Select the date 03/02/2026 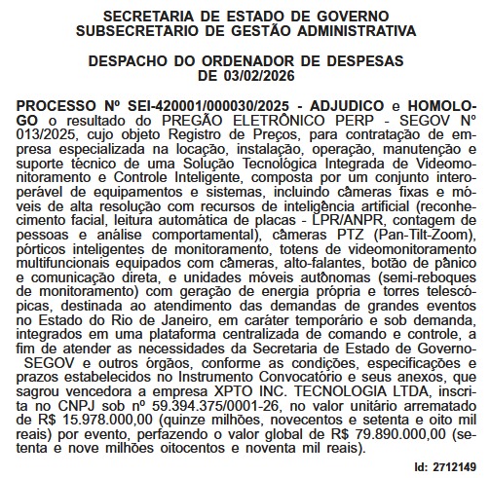pos(273,75)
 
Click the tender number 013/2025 pos(41,132)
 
